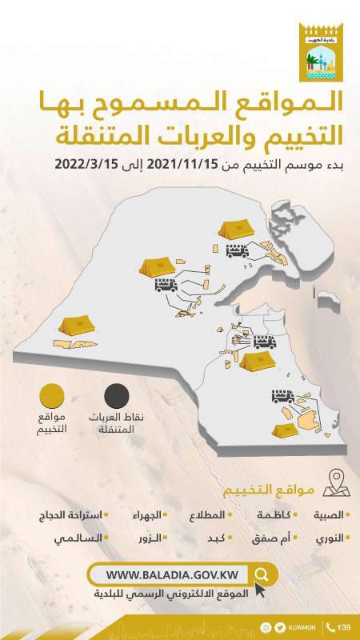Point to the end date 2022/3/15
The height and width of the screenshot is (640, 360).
tap(86, 164)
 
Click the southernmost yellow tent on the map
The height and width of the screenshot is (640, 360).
tap(285, 430)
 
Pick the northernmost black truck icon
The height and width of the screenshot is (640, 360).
tap(238, 250)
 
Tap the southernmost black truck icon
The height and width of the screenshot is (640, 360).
tap(284, 396)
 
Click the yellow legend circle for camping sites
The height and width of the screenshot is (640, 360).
tap(54, 396)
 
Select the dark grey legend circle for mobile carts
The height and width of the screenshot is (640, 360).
tap(117, 396)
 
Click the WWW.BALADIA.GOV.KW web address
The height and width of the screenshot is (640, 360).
tap(170, 574)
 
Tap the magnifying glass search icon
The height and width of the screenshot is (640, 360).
tap(262, 574)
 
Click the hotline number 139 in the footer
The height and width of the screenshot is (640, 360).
tap(344, 626)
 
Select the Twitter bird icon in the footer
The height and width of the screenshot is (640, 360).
tap(279, 626)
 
